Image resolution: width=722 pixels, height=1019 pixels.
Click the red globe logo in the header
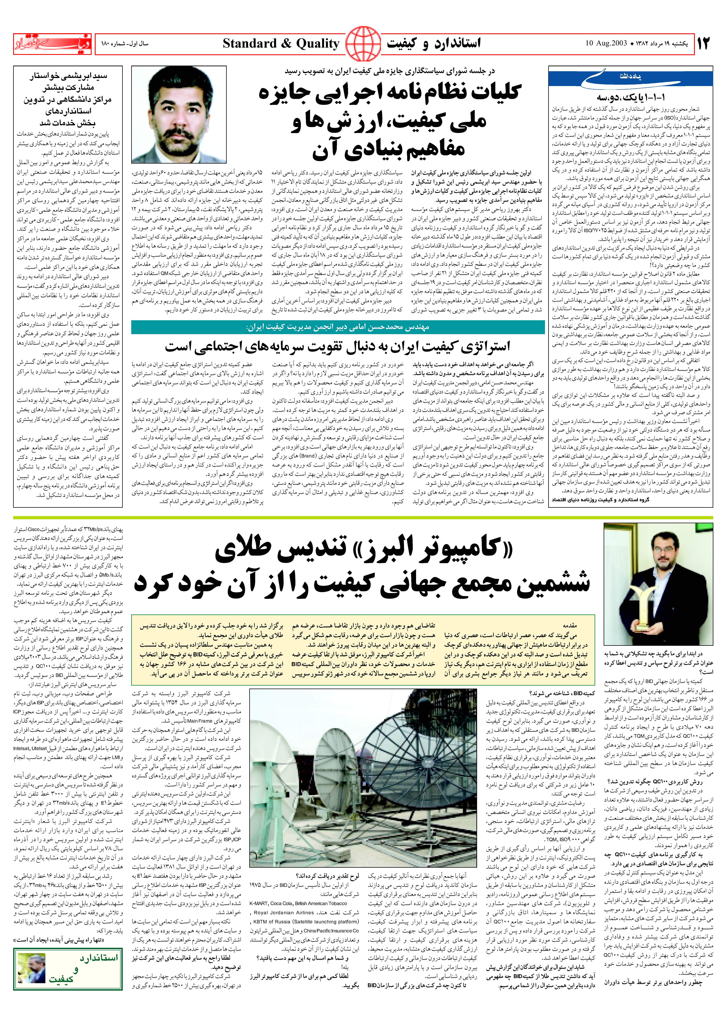(x=363, y=44)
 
